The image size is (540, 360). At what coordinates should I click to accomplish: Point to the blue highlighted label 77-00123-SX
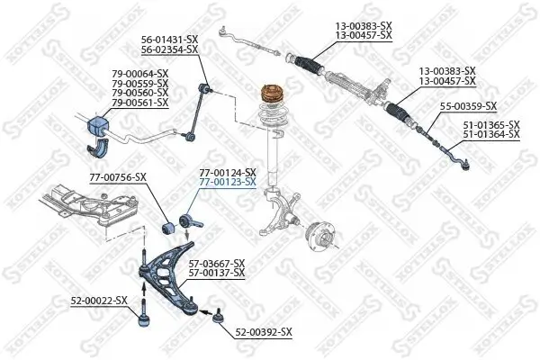tap(228, 182)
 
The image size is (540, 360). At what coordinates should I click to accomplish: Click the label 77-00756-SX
tap(117, 177)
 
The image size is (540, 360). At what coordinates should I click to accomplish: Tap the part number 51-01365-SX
tap(491, 124)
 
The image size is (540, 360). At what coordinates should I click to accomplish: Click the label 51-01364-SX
tap(491, 134)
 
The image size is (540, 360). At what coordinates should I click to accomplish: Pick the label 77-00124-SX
tap(228, 172)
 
